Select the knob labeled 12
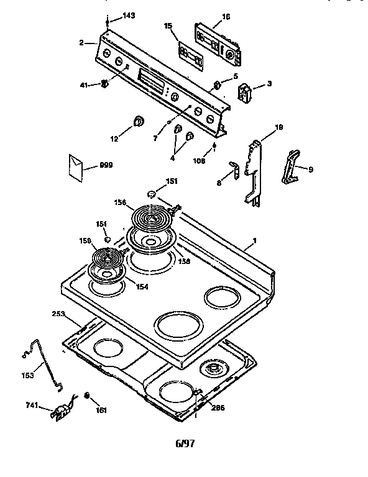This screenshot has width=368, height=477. [137, 120]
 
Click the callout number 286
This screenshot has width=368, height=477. [218, 407]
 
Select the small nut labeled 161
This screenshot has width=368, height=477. [88, 396]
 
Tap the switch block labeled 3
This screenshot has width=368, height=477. [245, 92]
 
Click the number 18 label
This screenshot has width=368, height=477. [278, 127]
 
